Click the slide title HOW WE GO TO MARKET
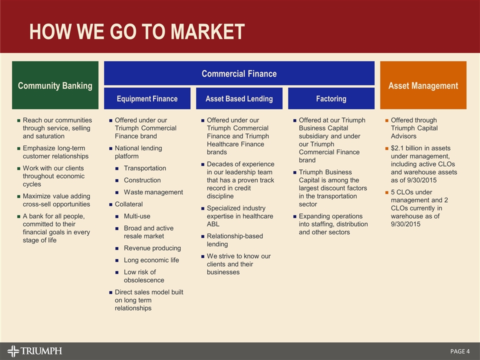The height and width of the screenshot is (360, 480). [137, 31]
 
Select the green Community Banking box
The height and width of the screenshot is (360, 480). [55, 85]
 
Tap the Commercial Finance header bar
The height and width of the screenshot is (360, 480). [239, 73]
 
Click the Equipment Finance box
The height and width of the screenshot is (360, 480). [147, 98]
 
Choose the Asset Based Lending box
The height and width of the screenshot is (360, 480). [239, 98]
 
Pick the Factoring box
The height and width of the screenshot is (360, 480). [331, 98]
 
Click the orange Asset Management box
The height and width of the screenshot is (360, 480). [423, 85]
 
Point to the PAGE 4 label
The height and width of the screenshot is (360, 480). [459, 351]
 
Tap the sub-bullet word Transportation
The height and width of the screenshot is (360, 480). [145, 168]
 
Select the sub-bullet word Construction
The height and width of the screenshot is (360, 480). [142, 180]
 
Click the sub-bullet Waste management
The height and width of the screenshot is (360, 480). [153, 192]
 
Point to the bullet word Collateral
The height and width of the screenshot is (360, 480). [128, 204]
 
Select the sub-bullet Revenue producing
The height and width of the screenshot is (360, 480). [152, 248]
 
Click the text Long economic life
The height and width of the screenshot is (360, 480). [151, 260]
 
